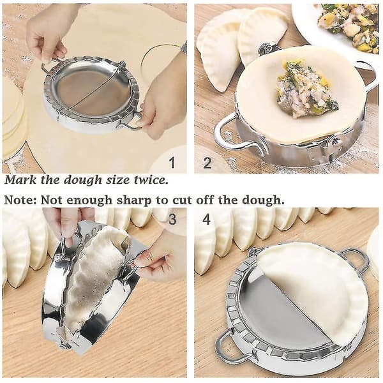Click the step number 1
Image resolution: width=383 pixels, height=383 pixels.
click(172, 163)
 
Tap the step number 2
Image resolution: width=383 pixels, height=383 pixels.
click(207, 163)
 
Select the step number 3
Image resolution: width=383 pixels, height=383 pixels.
click(172, 219)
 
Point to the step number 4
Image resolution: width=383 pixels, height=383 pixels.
click(207, 219)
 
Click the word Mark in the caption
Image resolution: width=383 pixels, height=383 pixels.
click(20, 179)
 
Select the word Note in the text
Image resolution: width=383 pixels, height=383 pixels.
click(20, 200)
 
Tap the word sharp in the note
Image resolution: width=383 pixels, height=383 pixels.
click(134, 201)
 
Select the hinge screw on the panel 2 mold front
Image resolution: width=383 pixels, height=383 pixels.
click(334, 141)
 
